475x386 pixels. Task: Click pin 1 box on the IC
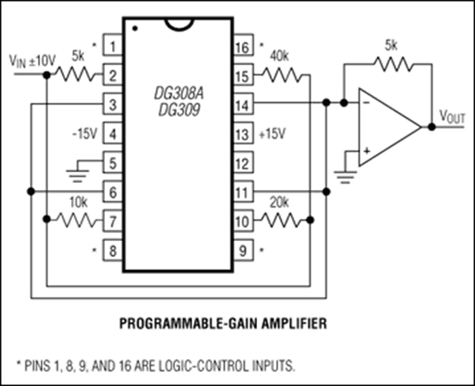click(113, 46)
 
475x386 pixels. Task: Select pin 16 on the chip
click(243, 46)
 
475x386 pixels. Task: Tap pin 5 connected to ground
click(113, 163)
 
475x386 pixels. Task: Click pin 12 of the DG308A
click(243, 163)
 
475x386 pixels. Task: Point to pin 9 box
click(243, 250)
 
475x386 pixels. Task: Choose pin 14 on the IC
click(243, 104)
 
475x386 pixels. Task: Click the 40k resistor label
click(279, 56)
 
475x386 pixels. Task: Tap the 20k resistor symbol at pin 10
click(283, 220)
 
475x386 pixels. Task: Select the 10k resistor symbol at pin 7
click(77, 220)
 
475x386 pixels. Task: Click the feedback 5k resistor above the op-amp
click(393, 64)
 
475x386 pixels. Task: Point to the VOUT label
click(452, 117)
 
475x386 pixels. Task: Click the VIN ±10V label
click(32, 62)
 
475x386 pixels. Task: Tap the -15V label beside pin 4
click(85, 134)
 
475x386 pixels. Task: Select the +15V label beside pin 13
click(273, 134)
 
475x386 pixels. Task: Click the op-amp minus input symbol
click(366, 103)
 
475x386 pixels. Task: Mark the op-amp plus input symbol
click(367, 151)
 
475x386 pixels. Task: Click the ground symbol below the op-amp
click(345, 177)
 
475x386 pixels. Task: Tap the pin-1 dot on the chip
click(135, 29)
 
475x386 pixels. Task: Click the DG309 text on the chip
click(179, 110)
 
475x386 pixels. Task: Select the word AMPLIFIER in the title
click(293, 323)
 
